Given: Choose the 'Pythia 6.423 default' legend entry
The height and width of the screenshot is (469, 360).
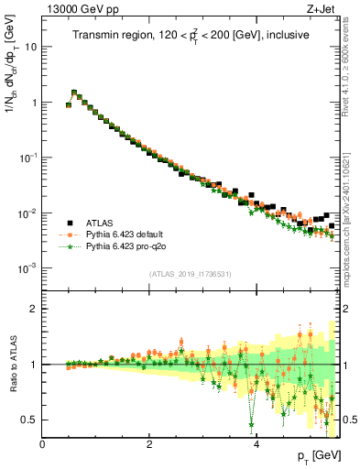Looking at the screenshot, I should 125,234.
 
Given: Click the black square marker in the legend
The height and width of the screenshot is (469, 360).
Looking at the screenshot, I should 67,222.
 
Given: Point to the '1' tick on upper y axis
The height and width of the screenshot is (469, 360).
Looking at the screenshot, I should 35,103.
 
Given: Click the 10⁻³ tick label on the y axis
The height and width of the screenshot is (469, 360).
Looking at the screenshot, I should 28,268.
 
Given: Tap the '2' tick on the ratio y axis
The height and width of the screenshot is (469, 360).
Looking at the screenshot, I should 35,309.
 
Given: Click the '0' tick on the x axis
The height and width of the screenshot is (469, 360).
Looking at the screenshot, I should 42,445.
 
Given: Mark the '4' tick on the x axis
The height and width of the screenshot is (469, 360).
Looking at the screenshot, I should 256,445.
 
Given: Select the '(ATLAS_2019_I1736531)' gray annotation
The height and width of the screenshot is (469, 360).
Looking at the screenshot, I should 191,275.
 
